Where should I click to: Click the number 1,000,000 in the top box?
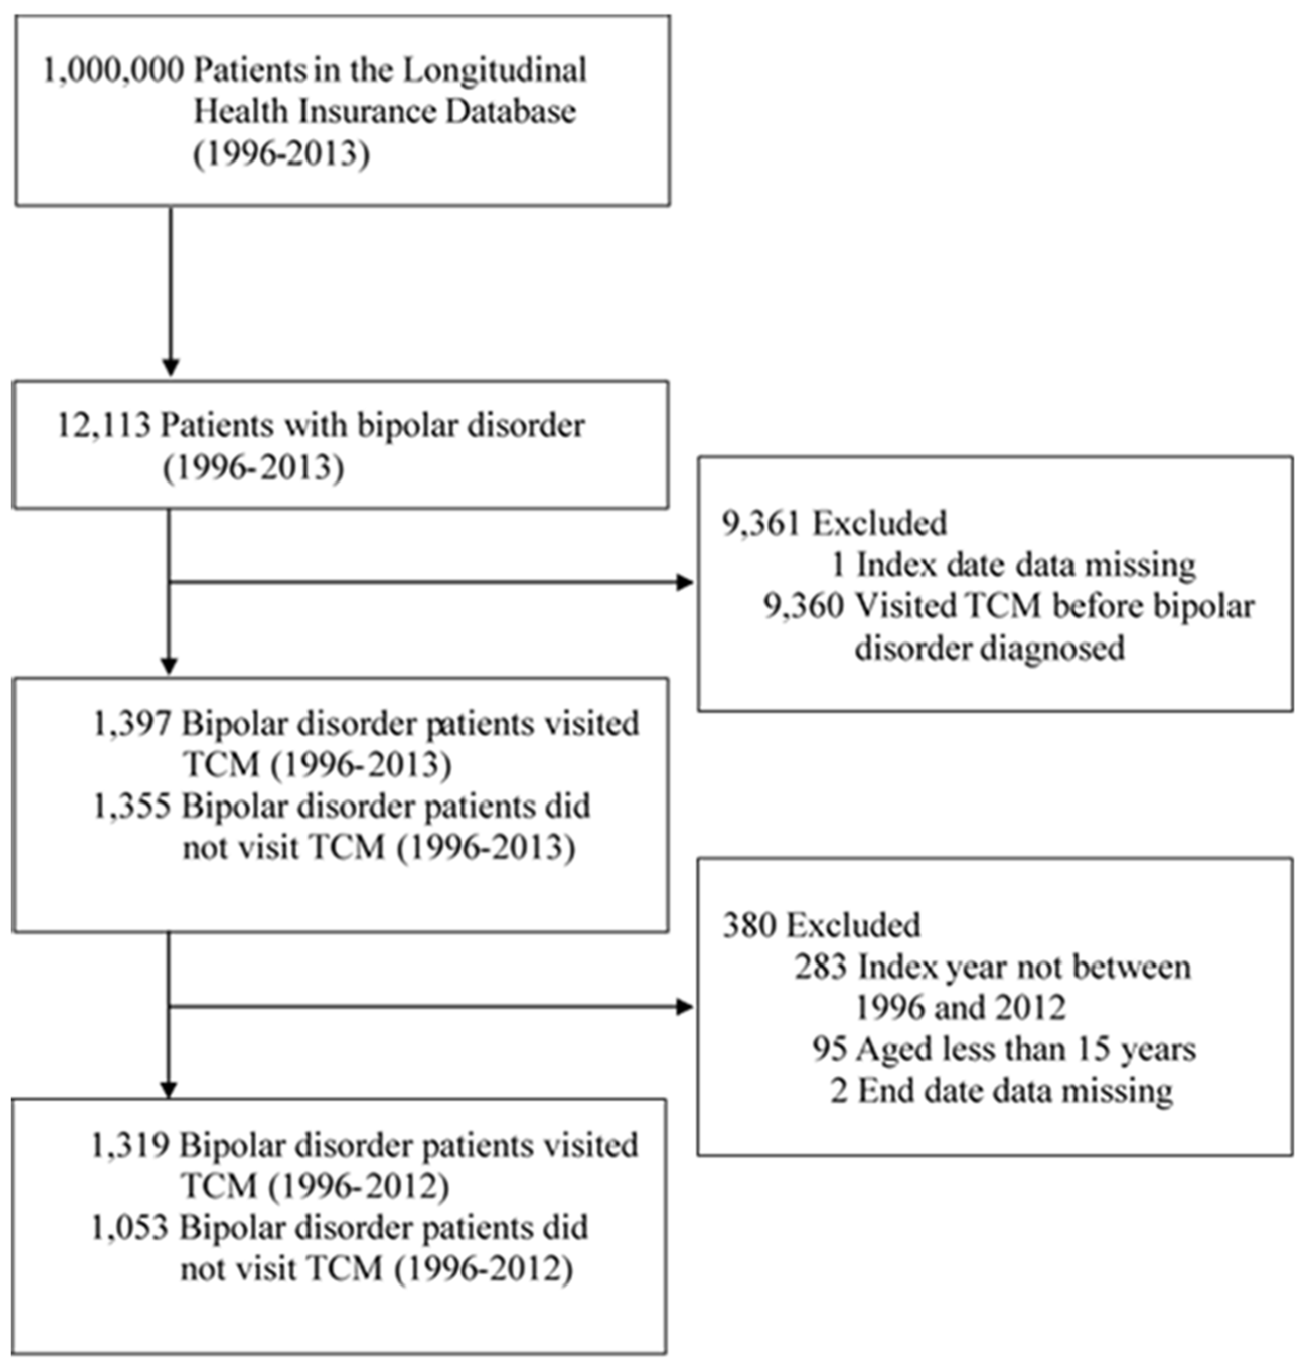[x=113, y=71]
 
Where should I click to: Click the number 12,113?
[x=104, y=425]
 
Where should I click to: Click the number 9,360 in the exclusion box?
[x=803, y=606]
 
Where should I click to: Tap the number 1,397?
[x=132, y=725]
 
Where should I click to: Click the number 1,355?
[x=132, y=807]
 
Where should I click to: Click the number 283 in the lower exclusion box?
[x=821, y=967]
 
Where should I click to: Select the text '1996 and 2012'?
[x=960, y=1008]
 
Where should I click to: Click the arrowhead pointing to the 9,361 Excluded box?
[x=685, y=582]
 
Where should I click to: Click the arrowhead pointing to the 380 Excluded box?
[x=685, y=1006]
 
